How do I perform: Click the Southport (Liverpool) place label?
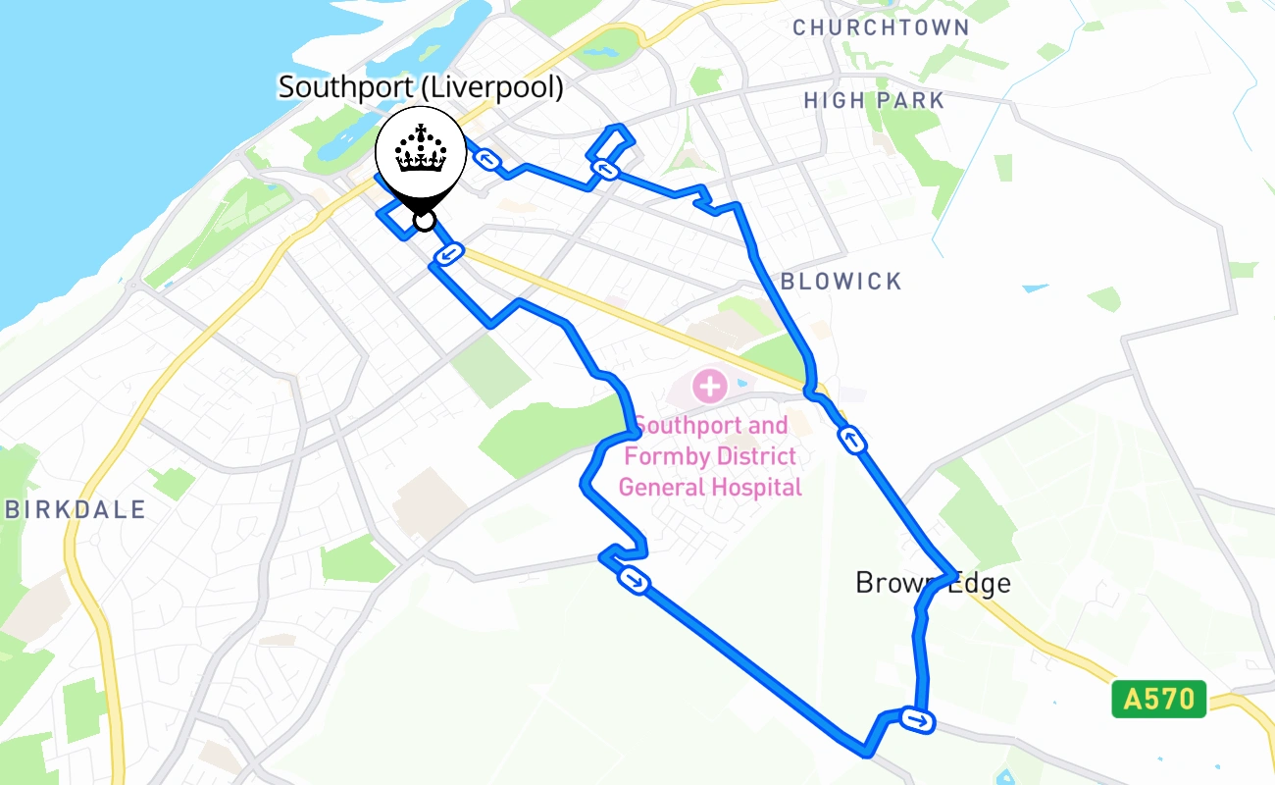click(x=421, y=87)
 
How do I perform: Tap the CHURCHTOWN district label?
click(x=881, y=27)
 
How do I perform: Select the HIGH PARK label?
click(x=874, y=100)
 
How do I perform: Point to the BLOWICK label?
click(x=841, y=282)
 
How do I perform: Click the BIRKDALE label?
click(x=76, y=509)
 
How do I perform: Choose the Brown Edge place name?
click(x=933, y=583)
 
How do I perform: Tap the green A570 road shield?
click(x=1158, y=700)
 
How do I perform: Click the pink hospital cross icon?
click(x=709, y=385)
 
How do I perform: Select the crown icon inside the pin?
click(x=421, y=150)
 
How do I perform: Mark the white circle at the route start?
click(x=424, y=220)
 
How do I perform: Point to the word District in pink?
click(x=755, y=456)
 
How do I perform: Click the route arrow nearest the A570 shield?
click(x=917, y=721)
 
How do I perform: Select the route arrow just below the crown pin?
click(x=447, y=255)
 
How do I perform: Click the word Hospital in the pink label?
click(x=756, y=487)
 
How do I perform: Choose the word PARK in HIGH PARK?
click(x=911, y=100)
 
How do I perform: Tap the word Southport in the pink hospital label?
click(x=683, y=426)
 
